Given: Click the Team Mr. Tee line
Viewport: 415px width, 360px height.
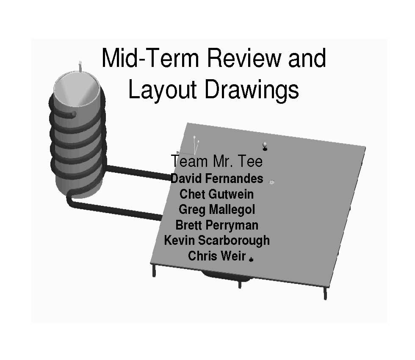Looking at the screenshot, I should tap(216, 161).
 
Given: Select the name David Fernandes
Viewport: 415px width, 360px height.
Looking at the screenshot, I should tap(216, 179).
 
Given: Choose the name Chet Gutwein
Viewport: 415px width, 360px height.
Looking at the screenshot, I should tap(216, 194).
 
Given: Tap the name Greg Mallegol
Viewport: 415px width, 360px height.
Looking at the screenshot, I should tap(216, 209).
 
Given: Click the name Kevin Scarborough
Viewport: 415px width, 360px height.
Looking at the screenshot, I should tap(216, 240).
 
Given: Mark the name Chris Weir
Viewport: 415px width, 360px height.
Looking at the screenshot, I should tap(216, 256).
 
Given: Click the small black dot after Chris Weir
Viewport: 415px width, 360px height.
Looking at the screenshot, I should tap(251, 259).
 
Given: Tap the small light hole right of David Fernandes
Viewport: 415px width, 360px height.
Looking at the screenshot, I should tap(272, 182).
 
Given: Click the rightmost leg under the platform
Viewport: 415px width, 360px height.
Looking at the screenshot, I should tap(325, 292).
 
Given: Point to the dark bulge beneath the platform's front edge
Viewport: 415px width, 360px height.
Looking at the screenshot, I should tap(224, 276).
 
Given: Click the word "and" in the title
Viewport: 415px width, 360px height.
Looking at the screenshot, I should tap(307, 58).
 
